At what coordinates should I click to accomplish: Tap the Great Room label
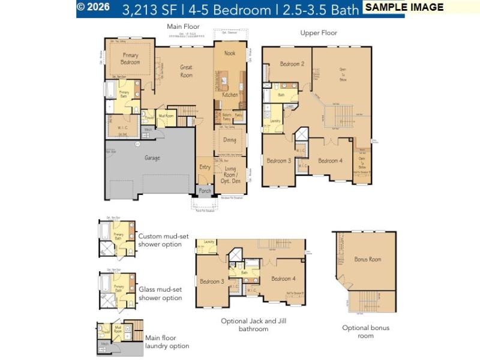pos(187,71)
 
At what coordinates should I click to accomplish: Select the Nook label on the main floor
pos(230,53)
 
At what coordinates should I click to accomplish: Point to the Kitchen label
pos(230,95)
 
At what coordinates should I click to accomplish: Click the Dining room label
pos(230,140)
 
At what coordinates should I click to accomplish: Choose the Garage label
pos(152,158)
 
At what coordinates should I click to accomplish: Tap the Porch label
pos(205,191)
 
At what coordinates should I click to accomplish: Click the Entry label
pos(205,167)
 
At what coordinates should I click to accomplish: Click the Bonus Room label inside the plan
pos(368,259)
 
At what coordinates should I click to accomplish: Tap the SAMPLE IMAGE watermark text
pos(404,7)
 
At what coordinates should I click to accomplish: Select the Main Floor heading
pos(183,26)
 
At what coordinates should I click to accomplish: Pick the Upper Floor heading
pos(319,33)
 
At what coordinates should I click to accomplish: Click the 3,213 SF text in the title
pos(149,10)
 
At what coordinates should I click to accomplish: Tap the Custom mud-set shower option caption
pos(160,240)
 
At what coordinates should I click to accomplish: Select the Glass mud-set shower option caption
pos(160,293)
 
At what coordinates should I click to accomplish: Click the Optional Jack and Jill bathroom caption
pos(253,325)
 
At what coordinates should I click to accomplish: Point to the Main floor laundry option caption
pos(167,341)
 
